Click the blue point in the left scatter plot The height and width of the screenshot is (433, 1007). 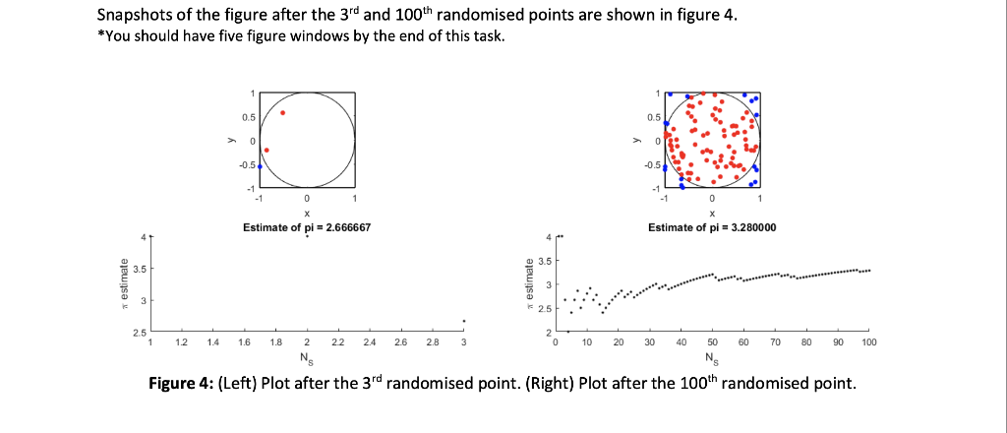coord(260,166)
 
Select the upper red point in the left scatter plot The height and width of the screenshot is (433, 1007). coord(283,112)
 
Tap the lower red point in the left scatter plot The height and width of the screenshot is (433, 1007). coord(267,151)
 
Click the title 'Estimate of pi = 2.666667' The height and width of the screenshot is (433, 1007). coord(306,227)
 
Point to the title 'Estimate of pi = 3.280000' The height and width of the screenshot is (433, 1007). coord(713,227)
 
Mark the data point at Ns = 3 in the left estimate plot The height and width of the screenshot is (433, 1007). coord(463,321)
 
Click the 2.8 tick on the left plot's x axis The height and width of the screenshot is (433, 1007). coord(432,342)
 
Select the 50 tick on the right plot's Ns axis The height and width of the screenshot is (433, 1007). coord(712,342)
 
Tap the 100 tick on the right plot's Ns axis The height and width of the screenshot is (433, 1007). coord(868,342)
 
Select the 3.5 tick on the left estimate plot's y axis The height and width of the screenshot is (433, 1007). coord(141,268)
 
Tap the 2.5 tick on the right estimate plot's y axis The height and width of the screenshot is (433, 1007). coord(547,309)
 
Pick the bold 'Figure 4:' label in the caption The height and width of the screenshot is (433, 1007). coord(180,383)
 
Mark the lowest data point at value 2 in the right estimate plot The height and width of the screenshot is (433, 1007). coord(567,332)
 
